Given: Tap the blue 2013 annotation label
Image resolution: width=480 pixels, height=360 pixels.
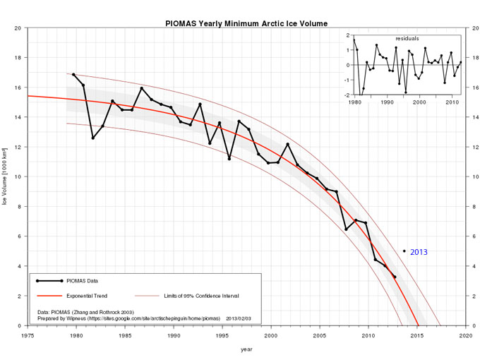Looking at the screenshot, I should click(419, 252).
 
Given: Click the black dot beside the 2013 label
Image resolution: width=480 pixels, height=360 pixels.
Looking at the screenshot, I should click(404, 251).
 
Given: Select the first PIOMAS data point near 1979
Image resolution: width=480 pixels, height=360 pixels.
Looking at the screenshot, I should click(73, 74).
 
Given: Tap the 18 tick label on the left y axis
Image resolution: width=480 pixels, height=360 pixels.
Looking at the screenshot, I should click(17, 58).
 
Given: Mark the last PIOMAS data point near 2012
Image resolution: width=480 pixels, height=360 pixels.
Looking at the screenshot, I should click(395, 277).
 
